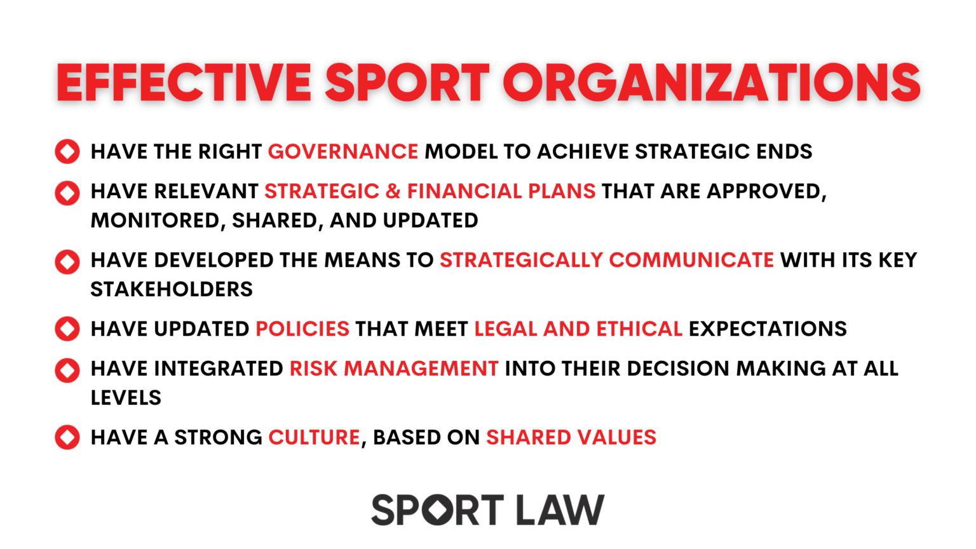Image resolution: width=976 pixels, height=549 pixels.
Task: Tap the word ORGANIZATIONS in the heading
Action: tap(712, 83)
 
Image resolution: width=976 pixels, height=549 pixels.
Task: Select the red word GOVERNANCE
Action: tap(343, 152)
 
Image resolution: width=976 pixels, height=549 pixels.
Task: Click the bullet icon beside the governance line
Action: tap(67, 152)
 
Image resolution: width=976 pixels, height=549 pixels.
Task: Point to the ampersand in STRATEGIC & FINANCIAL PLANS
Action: tap(393, 191)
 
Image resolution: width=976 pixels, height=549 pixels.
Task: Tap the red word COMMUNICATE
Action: tap(691, 260)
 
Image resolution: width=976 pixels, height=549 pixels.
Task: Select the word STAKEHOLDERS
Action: tap(172, 290)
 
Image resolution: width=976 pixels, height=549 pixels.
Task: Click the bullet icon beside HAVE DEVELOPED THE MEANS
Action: tap(67, 261)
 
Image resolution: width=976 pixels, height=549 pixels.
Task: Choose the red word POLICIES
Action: tap(302, 329)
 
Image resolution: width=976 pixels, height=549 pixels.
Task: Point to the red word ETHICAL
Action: tap(639, 329)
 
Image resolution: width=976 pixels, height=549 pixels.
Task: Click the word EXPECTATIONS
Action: tap(768, 329)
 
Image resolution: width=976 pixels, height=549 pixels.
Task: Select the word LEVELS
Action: tap(126, 398)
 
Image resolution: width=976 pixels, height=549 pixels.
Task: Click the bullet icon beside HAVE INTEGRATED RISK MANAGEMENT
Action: tap(67, 370)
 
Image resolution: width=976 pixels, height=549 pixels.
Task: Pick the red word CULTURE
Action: tap(314, 438)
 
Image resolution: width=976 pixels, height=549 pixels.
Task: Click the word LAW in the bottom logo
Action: tap(560, 510)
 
